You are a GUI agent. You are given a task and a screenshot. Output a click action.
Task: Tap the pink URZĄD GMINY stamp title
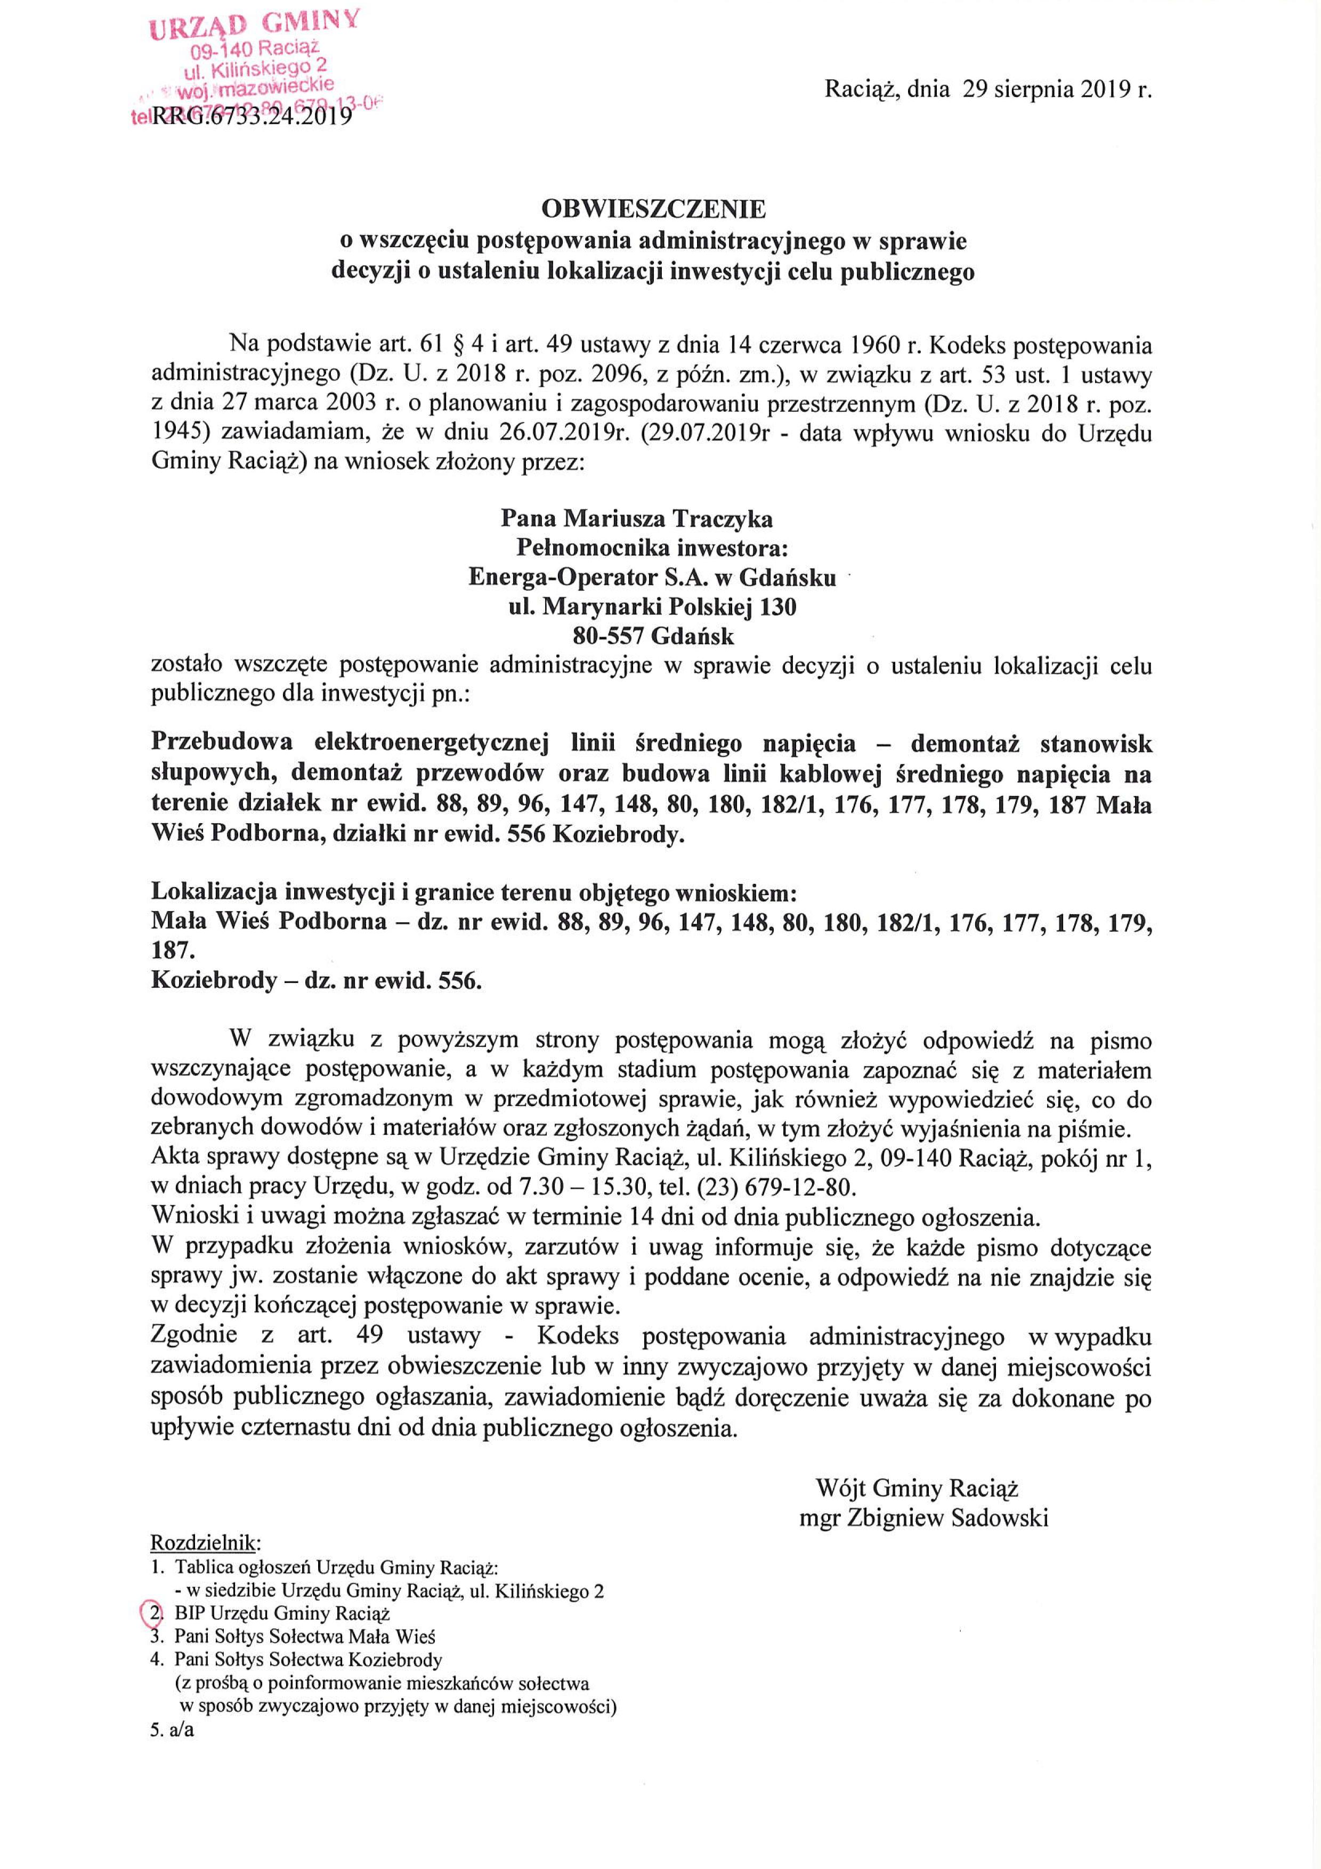click(x=255, y=22)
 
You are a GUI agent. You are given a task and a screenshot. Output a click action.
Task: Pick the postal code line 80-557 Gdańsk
click(x=654, y=635)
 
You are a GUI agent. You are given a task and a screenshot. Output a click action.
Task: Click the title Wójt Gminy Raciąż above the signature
click(x=917, y=1489)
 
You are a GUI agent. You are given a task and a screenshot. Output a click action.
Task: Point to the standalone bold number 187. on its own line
click(x=168, y=951)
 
